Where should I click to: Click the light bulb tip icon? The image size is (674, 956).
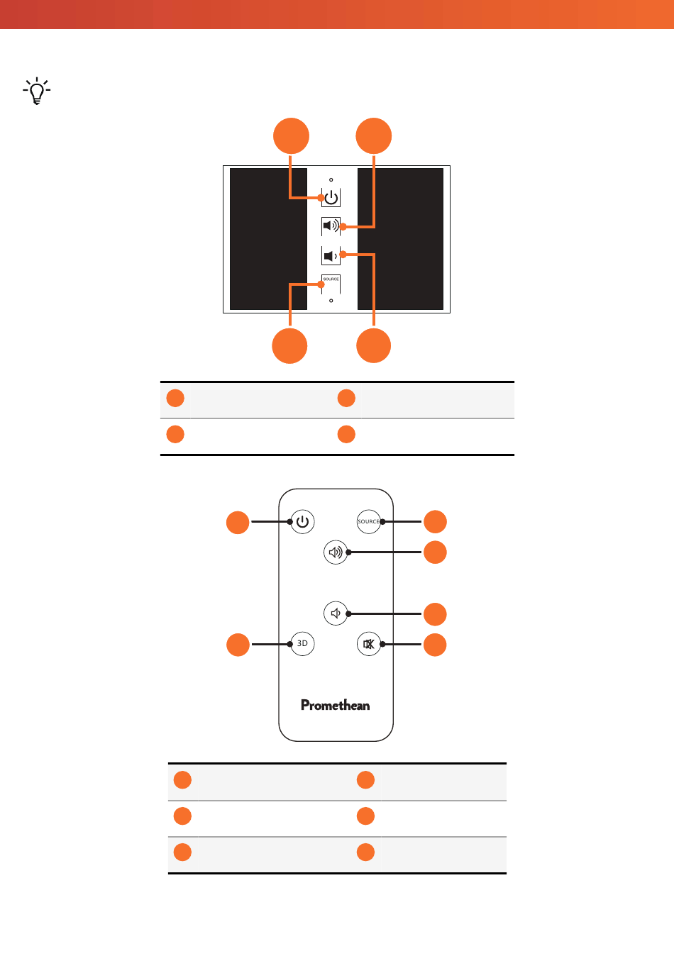tap(37, 91)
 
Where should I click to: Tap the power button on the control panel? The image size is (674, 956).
tap(331, 198)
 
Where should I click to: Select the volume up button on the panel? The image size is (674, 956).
tap(331, 226)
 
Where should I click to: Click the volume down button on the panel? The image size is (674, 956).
tap(331, 255)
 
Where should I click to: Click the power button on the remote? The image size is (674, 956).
tap(302, 521)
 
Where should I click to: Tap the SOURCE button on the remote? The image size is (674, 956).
tap(368, 521)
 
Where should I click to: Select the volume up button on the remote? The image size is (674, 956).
tap(336, 552)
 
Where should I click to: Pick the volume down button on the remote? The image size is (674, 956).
tap(336, 613)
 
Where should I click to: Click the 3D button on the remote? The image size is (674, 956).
tap(302, 643)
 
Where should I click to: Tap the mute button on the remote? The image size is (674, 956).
tap(368, 643)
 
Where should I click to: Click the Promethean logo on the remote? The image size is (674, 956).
tap(335, 705)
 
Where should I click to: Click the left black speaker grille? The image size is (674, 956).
tap(268, 238)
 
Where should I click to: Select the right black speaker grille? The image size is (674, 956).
tap(400, 238)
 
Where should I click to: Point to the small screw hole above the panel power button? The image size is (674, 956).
tap(331, 179)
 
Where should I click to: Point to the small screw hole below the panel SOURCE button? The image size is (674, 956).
tap(331, 301)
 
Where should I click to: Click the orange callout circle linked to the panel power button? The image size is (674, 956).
tap(291, 135)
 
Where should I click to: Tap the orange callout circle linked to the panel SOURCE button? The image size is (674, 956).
tap(289, 345)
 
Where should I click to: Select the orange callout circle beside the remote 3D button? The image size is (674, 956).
tap(238, 645)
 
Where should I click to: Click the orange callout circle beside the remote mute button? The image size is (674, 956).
tap(435, 645)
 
